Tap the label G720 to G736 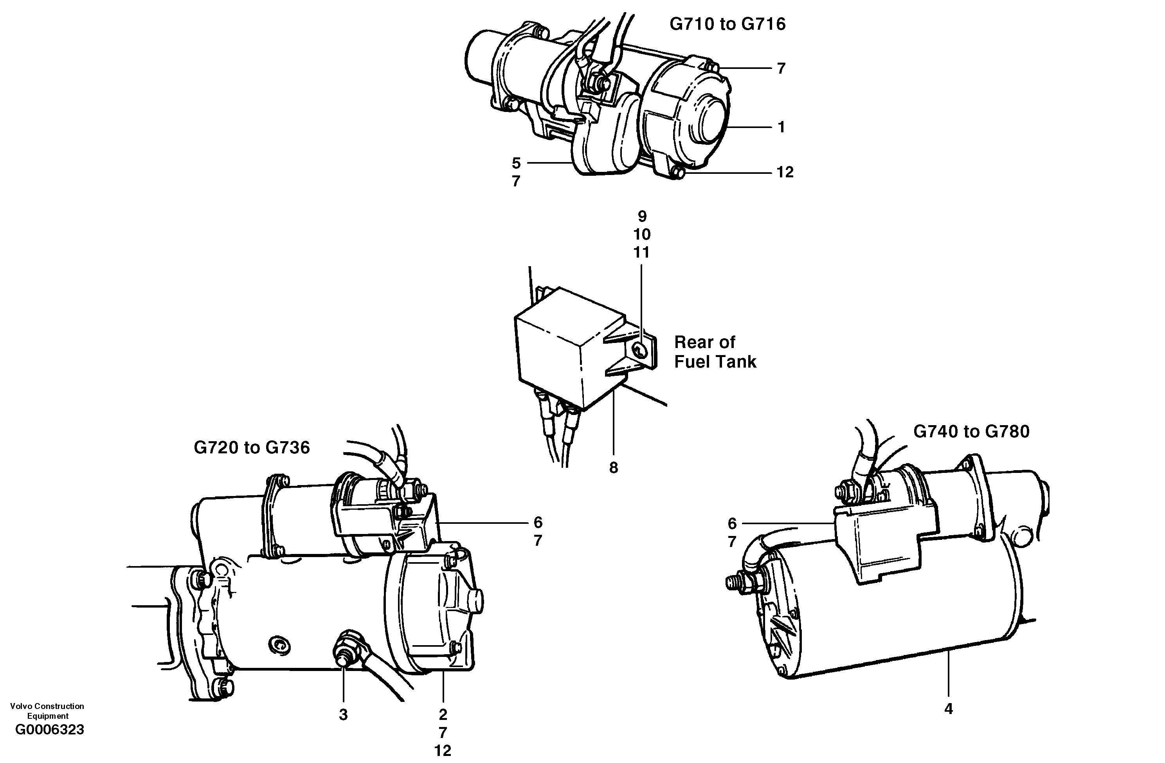252,447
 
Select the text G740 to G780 971,431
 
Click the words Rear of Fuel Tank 714,352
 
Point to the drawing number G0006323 49,730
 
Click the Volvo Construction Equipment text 47,710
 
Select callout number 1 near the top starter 781,127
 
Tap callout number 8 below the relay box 613,468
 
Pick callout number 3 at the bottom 343,714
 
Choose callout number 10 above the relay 642,234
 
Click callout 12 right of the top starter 785,172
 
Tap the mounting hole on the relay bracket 639,349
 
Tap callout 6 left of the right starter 732,523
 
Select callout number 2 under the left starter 443,714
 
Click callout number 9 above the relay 642,216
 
